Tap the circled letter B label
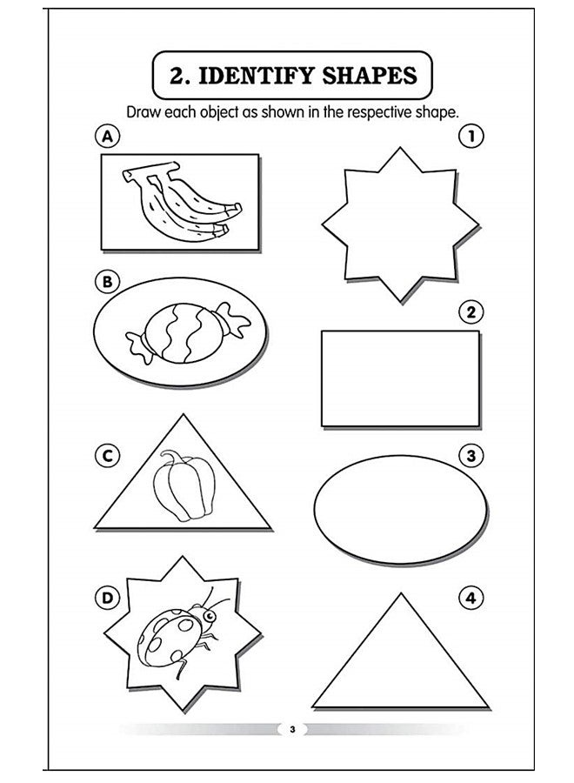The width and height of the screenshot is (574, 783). pyautogui.click(x=106, y=281)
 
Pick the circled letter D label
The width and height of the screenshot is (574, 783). pyautogui.click(x=106, y=597)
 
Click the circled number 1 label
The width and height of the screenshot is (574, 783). pyautogui.click(x=471, y=136)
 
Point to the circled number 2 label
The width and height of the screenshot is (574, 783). pyautogui.click(x=471, y=311)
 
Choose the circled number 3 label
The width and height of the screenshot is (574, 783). pyautogui.click(x=471, y=455)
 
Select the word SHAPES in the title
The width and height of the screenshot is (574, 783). pyautogui.click(x=367, y=76)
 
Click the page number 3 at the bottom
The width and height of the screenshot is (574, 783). pyautogui.click(x=293, y=729)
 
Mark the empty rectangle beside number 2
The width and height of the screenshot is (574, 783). pyautogui.click(x=400, y=378)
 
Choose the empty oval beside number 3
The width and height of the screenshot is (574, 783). pyautogui.click(x=397, y=507)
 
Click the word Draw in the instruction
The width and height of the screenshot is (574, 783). pyautogui.click(x=144, y=111)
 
